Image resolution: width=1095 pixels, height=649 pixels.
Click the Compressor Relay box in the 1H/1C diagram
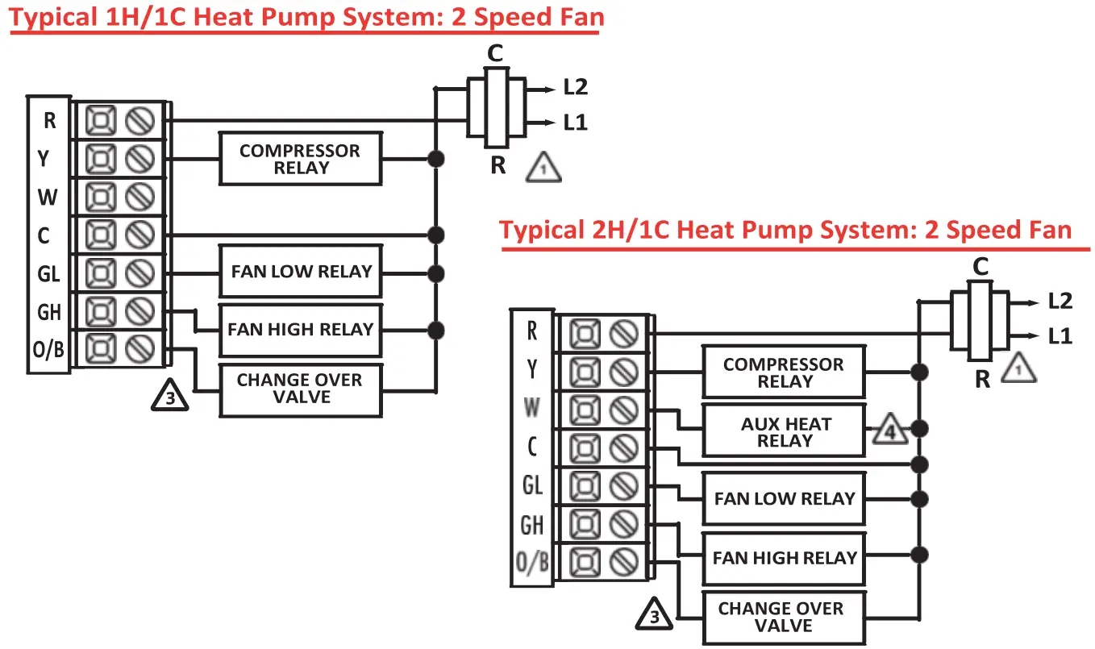[300, 159]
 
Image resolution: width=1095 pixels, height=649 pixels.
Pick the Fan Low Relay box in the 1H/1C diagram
[300, 272]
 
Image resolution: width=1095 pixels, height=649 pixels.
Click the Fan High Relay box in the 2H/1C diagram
[784, 558]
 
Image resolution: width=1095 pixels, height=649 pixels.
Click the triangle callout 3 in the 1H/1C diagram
[170, 397]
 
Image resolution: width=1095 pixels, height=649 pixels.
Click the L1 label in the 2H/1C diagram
[1060, 336]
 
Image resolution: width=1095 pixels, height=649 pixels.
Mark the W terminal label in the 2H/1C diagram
[531, 408]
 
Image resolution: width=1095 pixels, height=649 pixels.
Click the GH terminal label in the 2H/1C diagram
[531, 526]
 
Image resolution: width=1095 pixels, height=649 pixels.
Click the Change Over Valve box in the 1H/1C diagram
[300, 389]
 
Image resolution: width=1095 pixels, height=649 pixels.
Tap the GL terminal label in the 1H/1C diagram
[49, 274]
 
